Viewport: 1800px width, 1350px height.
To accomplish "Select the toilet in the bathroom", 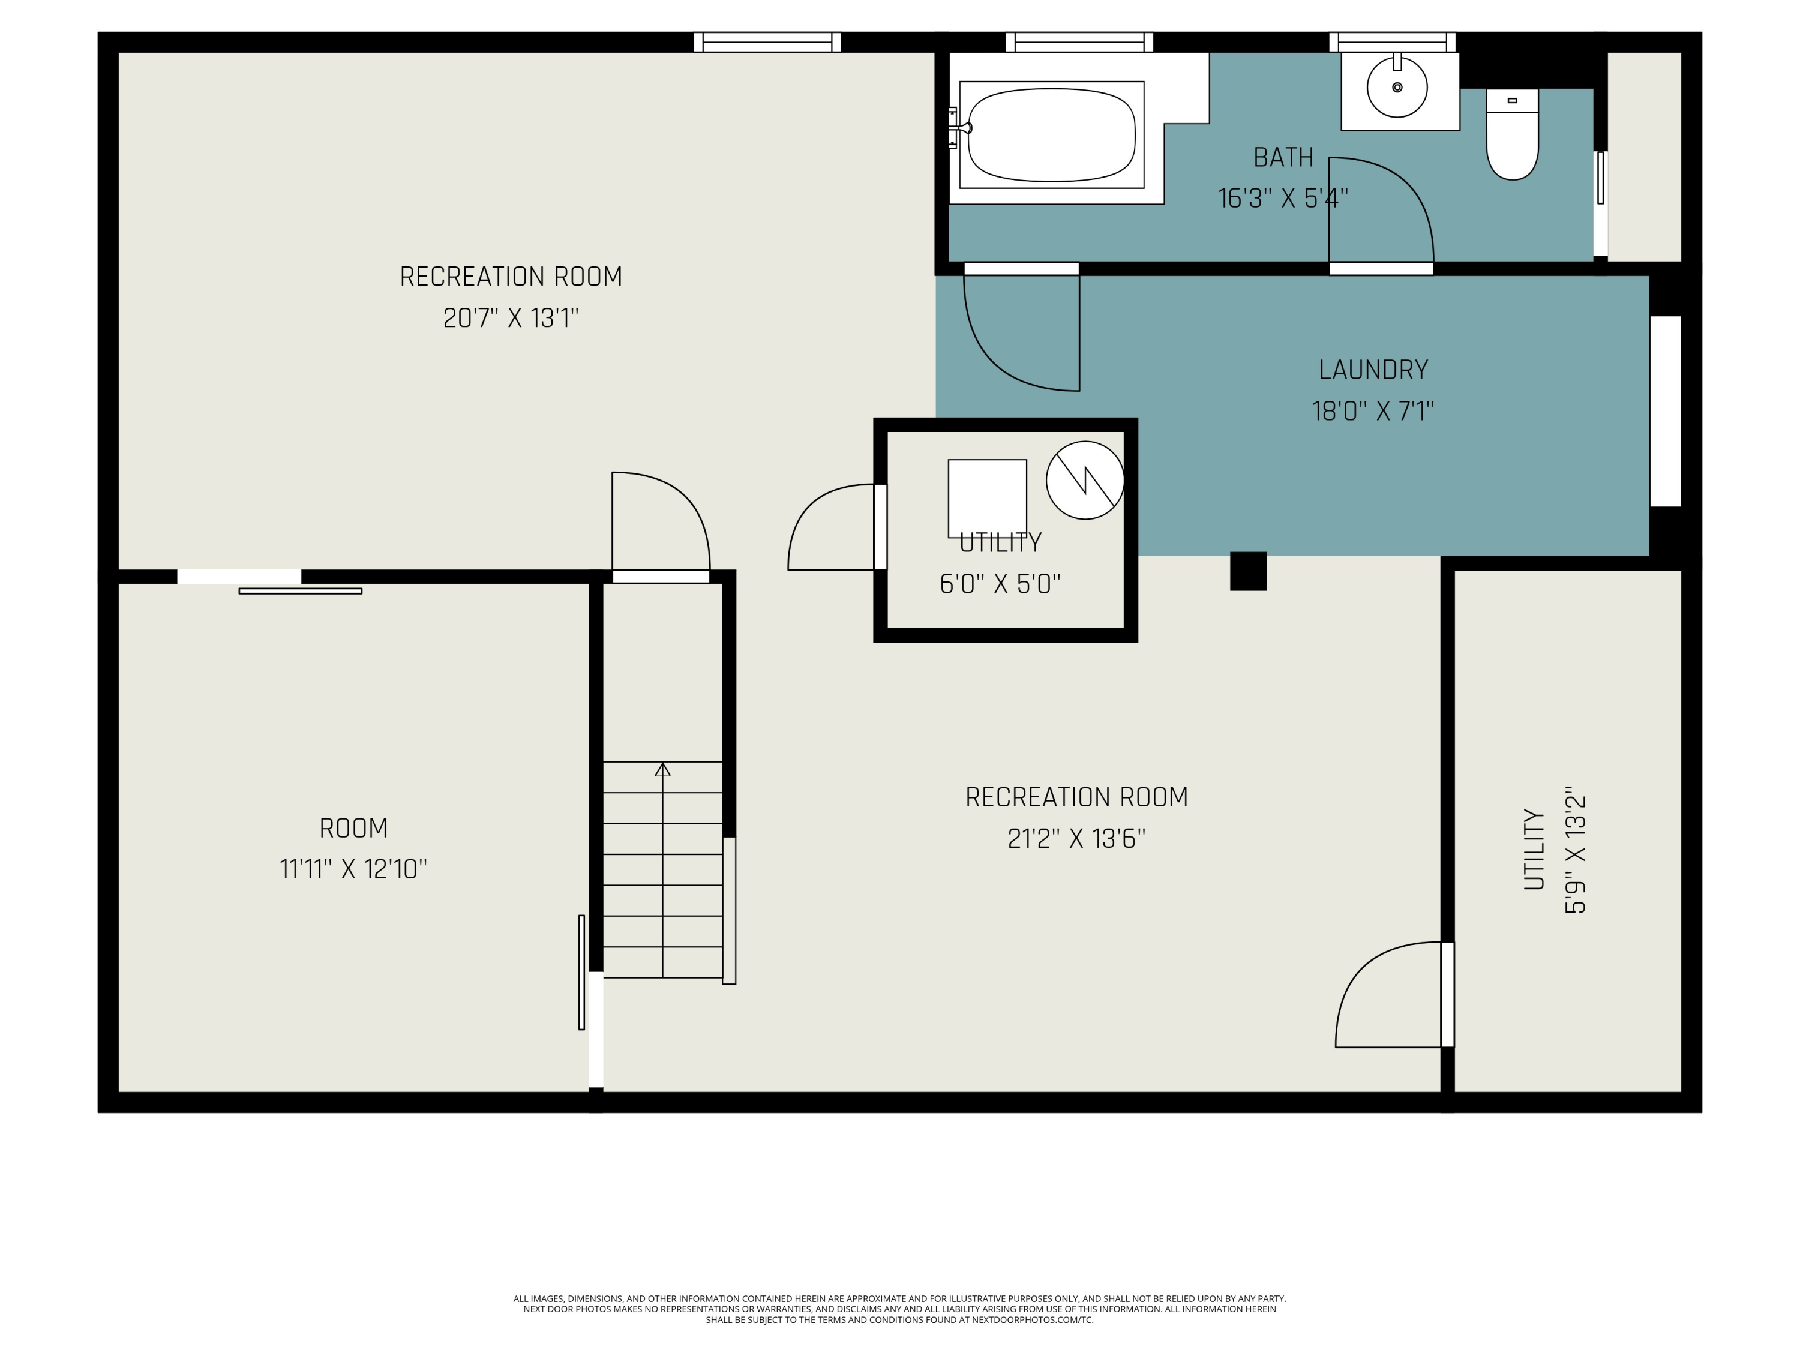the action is pyautogui.click(x=1512, y=134).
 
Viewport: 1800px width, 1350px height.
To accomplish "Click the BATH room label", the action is pyautogui.click(x=1283, y=157).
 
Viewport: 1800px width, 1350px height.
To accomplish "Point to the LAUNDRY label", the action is pyautogui.click(x=1373, y=370).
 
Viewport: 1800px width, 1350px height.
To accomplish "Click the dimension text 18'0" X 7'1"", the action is pyautogui.click(x=1373, y=411).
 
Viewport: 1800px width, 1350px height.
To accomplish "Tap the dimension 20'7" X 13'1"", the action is pyautogui.click(x=511, y=317).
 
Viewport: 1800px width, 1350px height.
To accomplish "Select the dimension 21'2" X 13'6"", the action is pyautogui.click(x=1076, y=838).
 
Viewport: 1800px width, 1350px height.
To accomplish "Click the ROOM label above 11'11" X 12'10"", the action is pyautogui.click(x=353, y=829).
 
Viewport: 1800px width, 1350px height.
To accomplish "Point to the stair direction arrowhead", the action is pyautogui.click(x=662, y=769).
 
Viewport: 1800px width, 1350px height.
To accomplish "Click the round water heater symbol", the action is pyautogui.click(x=1085, y=480).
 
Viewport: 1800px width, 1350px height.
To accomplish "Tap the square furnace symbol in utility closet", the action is pyautogui.click(x=987, y=498).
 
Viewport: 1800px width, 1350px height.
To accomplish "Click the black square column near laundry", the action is pyautogui.click(x=1248, y=571).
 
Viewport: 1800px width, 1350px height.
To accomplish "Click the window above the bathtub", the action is pyautogui.click(x=1079, y=43).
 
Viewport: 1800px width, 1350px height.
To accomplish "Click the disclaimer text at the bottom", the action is pyautogui.click(x=899, y=1309).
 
